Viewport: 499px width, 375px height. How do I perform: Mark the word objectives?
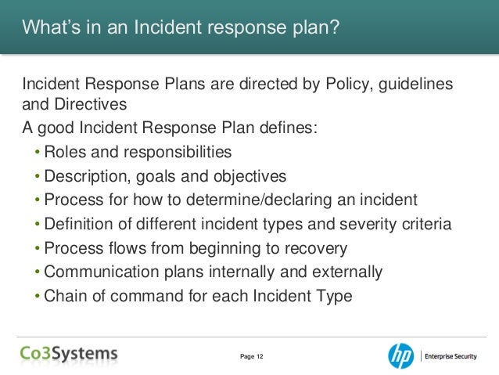click(246, 176)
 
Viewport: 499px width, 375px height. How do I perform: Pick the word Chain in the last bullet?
click(64, 297)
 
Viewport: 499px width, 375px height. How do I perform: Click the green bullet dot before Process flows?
click(38, 249)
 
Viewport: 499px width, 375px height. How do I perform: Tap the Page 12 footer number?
click(251, 357)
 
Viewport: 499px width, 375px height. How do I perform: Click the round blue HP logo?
click(401, 355)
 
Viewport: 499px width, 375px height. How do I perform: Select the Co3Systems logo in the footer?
click(69, 355)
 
